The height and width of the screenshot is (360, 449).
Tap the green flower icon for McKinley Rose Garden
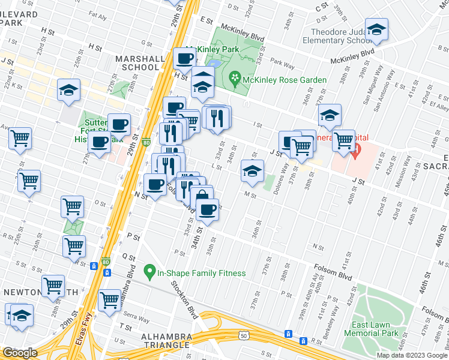click(x=234, y=78)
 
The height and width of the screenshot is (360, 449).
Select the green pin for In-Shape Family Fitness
click(x=150, y=273)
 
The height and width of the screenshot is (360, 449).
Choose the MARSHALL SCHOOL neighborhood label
click(x=143, y=63)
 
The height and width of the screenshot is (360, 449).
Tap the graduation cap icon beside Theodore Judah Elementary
click(x=376, y=30)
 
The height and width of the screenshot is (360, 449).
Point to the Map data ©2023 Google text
click(x=411, y=355)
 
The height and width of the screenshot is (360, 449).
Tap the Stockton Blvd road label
click(x=185, y=298)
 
